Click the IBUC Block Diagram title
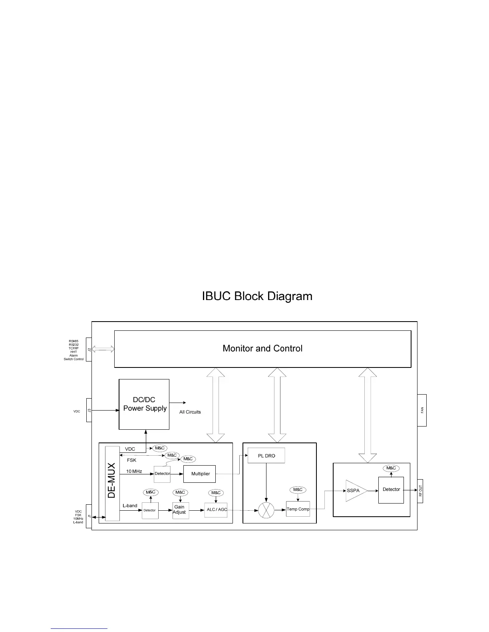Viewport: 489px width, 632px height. tap(257, 296)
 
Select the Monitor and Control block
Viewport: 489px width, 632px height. tap(262, 349)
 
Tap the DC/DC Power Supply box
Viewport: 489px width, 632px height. tap(144, 404)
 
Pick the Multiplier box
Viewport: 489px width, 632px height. tap(200, 474)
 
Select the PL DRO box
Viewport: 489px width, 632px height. tap(266, 456)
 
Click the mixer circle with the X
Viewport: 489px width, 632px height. tap(266, 510)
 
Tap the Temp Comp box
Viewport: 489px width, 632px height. tap(298, 509)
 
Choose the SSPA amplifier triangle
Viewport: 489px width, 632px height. tap(355, 490)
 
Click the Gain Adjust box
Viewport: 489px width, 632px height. tap(180, 510)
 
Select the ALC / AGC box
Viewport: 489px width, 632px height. tap(216, 510)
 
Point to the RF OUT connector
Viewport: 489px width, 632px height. tap(420, 491)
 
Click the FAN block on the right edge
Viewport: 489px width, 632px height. tap(422, 410)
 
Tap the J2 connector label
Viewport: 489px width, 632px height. tap(89, 350)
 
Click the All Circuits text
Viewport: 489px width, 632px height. tap(190, 412)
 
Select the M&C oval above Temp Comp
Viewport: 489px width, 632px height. tap(298, 490)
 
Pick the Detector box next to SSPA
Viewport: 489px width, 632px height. tap(391, 490)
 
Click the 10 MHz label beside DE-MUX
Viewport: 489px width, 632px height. tap(134, 472)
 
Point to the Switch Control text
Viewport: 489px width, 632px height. tap(74, 359)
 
